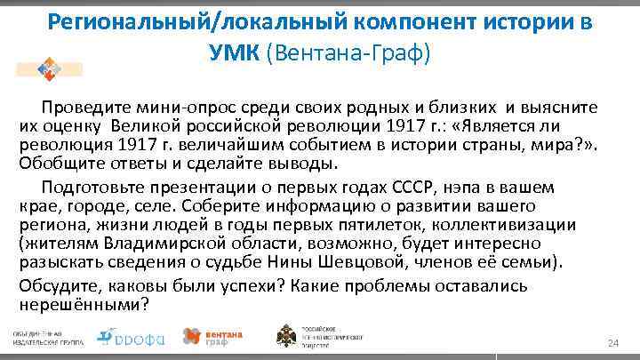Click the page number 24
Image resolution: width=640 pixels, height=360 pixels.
[611, 343]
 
